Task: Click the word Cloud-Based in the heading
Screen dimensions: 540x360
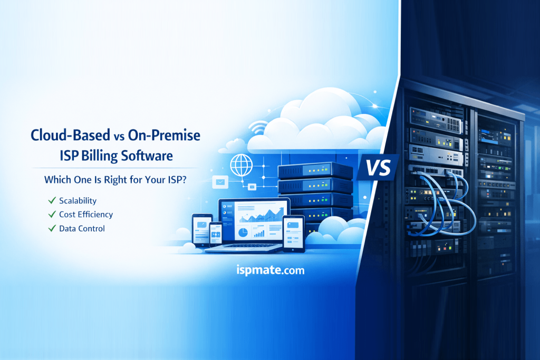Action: (x=71, y=135)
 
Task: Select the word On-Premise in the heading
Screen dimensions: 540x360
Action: (x=164, y=135)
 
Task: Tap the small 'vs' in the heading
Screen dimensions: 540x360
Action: (x=119, y=137)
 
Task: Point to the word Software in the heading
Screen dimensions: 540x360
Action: (x=147, y=155)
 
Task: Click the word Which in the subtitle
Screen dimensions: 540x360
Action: (x=56, y=180)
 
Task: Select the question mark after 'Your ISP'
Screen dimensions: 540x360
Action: (x=184, y=180)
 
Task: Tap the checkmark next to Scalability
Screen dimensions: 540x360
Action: (x=52, y=200)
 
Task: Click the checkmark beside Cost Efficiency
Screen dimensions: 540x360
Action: (x=52, y=215)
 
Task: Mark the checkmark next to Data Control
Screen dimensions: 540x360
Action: (x=52, y=228)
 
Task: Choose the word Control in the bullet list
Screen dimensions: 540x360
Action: (x=91, y=229)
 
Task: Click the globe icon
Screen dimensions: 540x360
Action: (x=241, y=165)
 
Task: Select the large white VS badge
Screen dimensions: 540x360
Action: (x=378, y=168)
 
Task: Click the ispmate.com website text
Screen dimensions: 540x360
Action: (x=271, y=270)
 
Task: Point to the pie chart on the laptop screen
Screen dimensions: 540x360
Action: (x=243, y=232)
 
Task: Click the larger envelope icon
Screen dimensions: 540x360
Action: (x=220, y=182)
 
